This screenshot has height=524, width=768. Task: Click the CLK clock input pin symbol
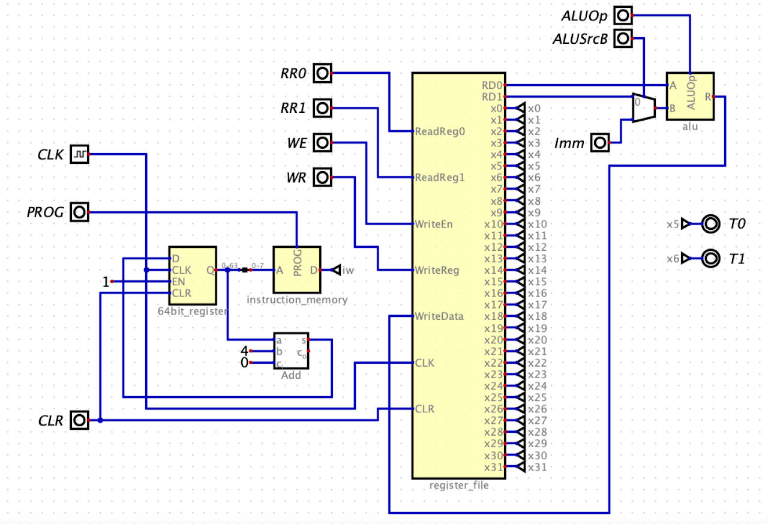79,154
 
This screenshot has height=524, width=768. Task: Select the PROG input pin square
79,212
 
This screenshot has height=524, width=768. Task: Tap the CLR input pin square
79,420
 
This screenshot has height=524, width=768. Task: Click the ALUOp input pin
625,16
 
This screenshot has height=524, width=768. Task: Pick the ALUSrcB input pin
625,39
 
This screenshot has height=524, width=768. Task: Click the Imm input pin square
599,143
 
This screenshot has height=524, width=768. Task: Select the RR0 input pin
323,73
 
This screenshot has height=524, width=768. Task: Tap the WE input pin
323,143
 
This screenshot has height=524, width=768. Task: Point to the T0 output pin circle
710,224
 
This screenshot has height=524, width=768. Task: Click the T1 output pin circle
710,259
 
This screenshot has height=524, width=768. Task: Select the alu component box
690,97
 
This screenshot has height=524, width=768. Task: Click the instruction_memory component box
297,270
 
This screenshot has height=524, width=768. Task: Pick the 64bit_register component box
192,276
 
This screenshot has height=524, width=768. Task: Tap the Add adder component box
291,351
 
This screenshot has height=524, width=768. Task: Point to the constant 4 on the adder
244,351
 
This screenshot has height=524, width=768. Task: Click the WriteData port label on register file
439,316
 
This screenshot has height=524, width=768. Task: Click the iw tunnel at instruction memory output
344,270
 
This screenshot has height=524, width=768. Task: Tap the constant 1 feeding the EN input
106,282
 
